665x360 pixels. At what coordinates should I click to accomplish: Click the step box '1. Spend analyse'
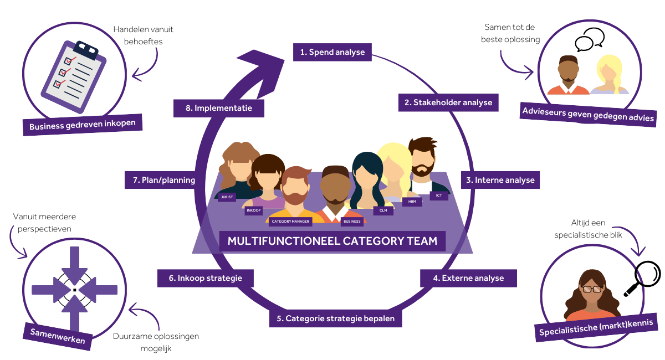click(332, 53)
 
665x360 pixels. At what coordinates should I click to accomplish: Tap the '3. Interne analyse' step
click(500, 180)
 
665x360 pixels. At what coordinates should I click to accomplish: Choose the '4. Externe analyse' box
click(468, 278)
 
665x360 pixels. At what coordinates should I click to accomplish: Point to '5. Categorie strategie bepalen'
click(336, 318)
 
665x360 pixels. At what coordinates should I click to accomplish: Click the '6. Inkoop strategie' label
click(206, 278)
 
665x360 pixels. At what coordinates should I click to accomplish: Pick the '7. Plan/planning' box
click(160, 180)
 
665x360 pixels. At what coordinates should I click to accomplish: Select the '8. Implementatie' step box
click(218, 108)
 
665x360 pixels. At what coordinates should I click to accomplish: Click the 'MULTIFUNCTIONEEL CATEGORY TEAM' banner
click(332, 241)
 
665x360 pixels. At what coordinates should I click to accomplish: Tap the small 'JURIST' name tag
click(227, 197)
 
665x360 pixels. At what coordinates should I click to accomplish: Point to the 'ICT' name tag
click(438, 195)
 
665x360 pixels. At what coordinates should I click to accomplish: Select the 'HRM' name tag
click(412, 202)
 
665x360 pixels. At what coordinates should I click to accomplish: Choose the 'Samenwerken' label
click(58, 336)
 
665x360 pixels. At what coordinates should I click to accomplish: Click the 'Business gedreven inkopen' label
click(82, 125)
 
